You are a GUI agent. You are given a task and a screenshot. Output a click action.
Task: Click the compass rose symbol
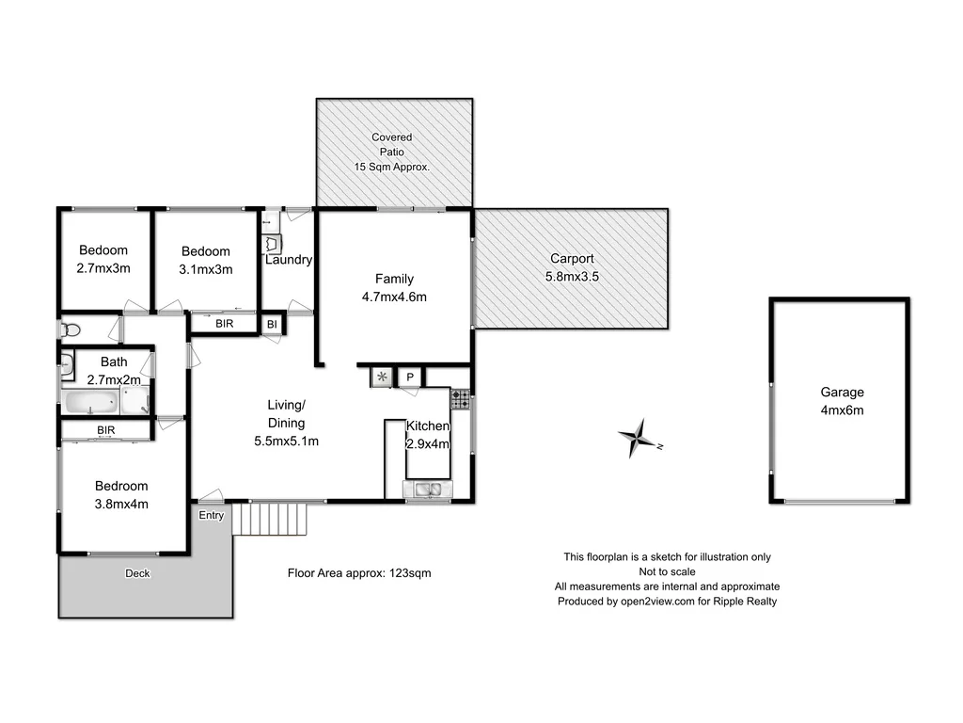coord(639,438)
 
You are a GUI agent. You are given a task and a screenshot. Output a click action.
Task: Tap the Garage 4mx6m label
coord(842,401)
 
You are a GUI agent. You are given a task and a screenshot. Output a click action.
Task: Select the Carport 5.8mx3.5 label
coord(572,267)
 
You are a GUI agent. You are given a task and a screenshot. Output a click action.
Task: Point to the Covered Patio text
coord(391,144)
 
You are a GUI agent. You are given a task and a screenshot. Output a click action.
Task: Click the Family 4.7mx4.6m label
coord(394,287)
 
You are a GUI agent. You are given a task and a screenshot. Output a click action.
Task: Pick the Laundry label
coord(288,260)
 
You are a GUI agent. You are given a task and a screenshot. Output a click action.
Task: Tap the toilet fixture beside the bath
coord(71,330)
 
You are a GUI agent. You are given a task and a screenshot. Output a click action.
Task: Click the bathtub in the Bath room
coord(91,403)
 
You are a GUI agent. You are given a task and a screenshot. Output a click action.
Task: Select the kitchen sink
coord(428,489)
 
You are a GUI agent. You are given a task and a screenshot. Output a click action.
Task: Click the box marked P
coord(410,378)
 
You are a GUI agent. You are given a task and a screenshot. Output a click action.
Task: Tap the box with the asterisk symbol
coord(382,378)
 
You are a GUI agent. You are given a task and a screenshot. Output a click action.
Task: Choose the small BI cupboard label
coord(272,324)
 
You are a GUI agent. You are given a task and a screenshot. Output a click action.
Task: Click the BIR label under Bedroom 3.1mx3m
coord(225,324)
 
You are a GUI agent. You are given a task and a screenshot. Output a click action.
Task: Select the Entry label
coord(212,515)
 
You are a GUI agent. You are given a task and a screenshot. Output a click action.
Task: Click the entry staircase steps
coord(271,518)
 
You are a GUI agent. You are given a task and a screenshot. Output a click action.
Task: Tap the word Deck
coord(137,573)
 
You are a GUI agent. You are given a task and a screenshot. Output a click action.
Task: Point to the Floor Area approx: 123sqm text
coord(358,572)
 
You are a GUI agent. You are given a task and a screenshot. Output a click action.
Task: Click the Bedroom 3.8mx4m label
coord(121,494)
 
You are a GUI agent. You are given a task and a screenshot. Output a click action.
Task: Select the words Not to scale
coord(667,571)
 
